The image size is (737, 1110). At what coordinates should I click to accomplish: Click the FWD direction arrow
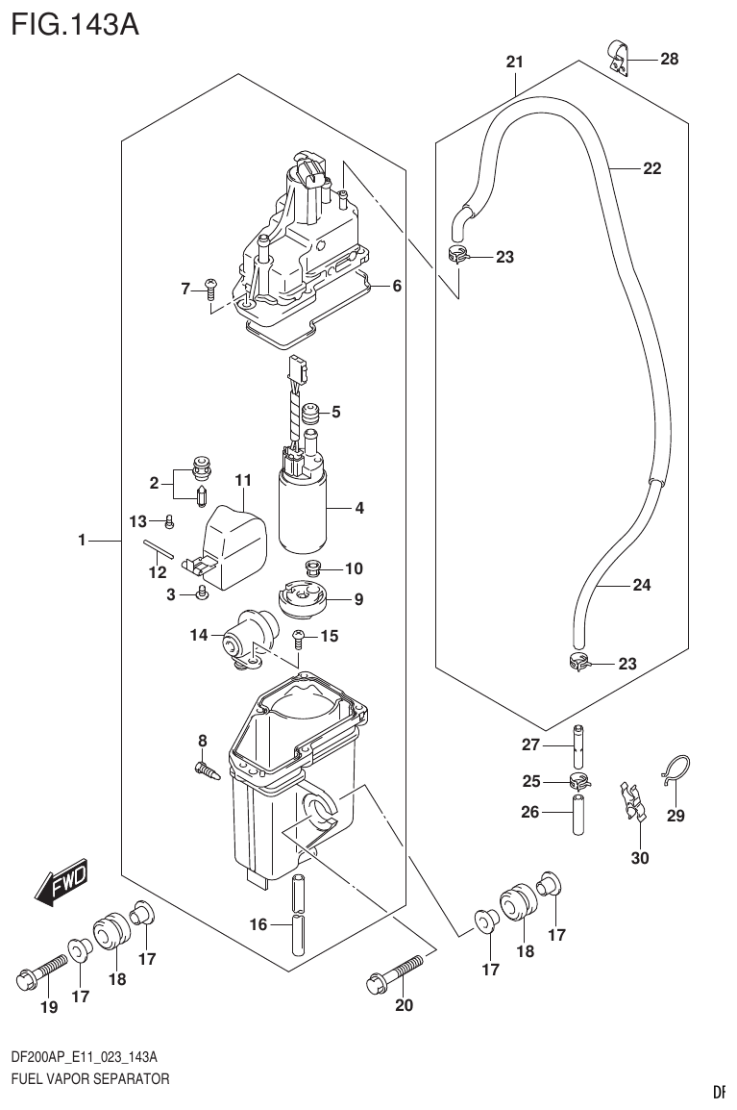(61, 883)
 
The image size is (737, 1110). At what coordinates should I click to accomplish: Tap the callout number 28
(669, 60)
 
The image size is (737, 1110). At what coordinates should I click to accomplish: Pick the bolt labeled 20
(395, 971)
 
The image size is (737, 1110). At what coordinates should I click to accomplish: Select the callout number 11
(242, 479)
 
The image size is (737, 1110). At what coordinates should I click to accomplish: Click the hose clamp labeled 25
(578, 780)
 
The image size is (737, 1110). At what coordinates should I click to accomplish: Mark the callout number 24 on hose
(642, 585)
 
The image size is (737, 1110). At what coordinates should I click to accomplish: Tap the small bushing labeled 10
(312, 568)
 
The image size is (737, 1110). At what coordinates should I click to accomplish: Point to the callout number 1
(83, 542)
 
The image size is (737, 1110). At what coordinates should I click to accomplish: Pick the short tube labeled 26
(578, 814)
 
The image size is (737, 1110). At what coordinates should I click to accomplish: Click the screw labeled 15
(300, 636)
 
